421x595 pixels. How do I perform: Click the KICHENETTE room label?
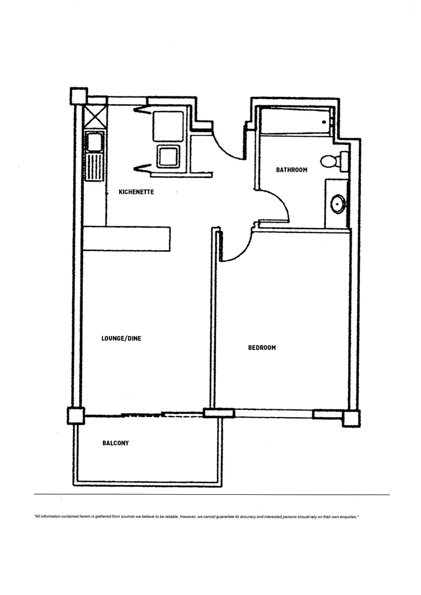[136, 192]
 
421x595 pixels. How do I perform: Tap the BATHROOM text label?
[292, 170]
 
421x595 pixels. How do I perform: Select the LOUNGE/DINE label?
[121, 338]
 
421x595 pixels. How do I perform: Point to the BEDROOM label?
[262, 348]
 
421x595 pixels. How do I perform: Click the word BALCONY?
[116, 443]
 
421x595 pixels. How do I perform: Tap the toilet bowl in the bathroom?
[329, 161]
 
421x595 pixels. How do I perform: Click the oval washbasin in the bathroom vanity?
[337, 204]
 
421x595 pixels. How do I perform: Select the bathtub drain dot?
[325, 122]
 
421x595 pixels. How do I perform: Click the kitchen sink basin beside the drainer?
[94, 142]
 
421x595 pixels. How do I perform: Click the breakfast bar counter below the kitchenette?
[126, 238]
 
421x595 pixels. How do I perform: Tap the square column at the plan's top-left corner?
[79, 96]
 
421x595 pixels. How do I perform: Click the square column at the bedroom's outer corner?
[351, 418]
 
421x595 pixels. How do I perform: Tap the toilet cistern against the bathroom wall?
[344, 161]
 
